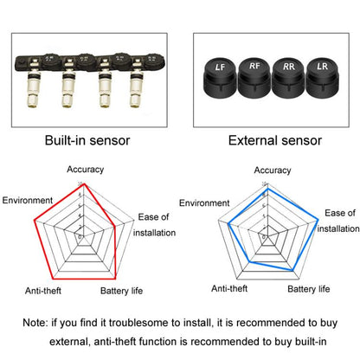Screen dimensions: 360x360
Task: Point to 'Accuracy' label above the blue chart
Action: [273, 171]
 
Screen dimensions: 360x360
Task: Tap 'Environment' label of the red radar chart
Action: [29, 200]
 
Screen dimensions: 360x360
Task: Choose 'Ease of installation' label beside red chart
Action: [156, 224]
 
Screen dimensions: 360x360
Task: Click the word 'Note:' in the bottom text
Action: [37, 323]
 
